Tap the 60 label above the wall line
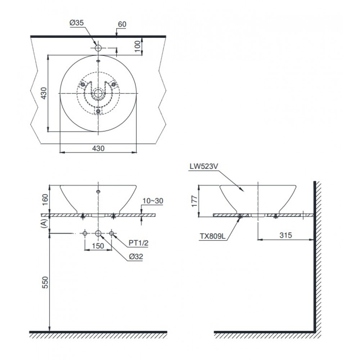(x=122, y=24)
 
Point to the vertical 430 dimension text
(x=42, y=93)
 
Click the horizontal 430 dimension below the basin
(x=98, y=148)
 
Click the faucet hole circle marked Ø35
(x=98, y=48)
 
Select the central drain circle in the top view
(x=98, y=93)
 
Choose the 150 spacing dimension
(x=98, y=246)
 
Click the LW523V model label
(x=203, y=167)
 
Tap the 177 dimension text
(x=193, y=201)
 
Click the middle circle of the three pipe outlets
(x=98, y=233)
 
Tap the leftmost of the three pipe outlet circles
(x=85, y=233)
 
